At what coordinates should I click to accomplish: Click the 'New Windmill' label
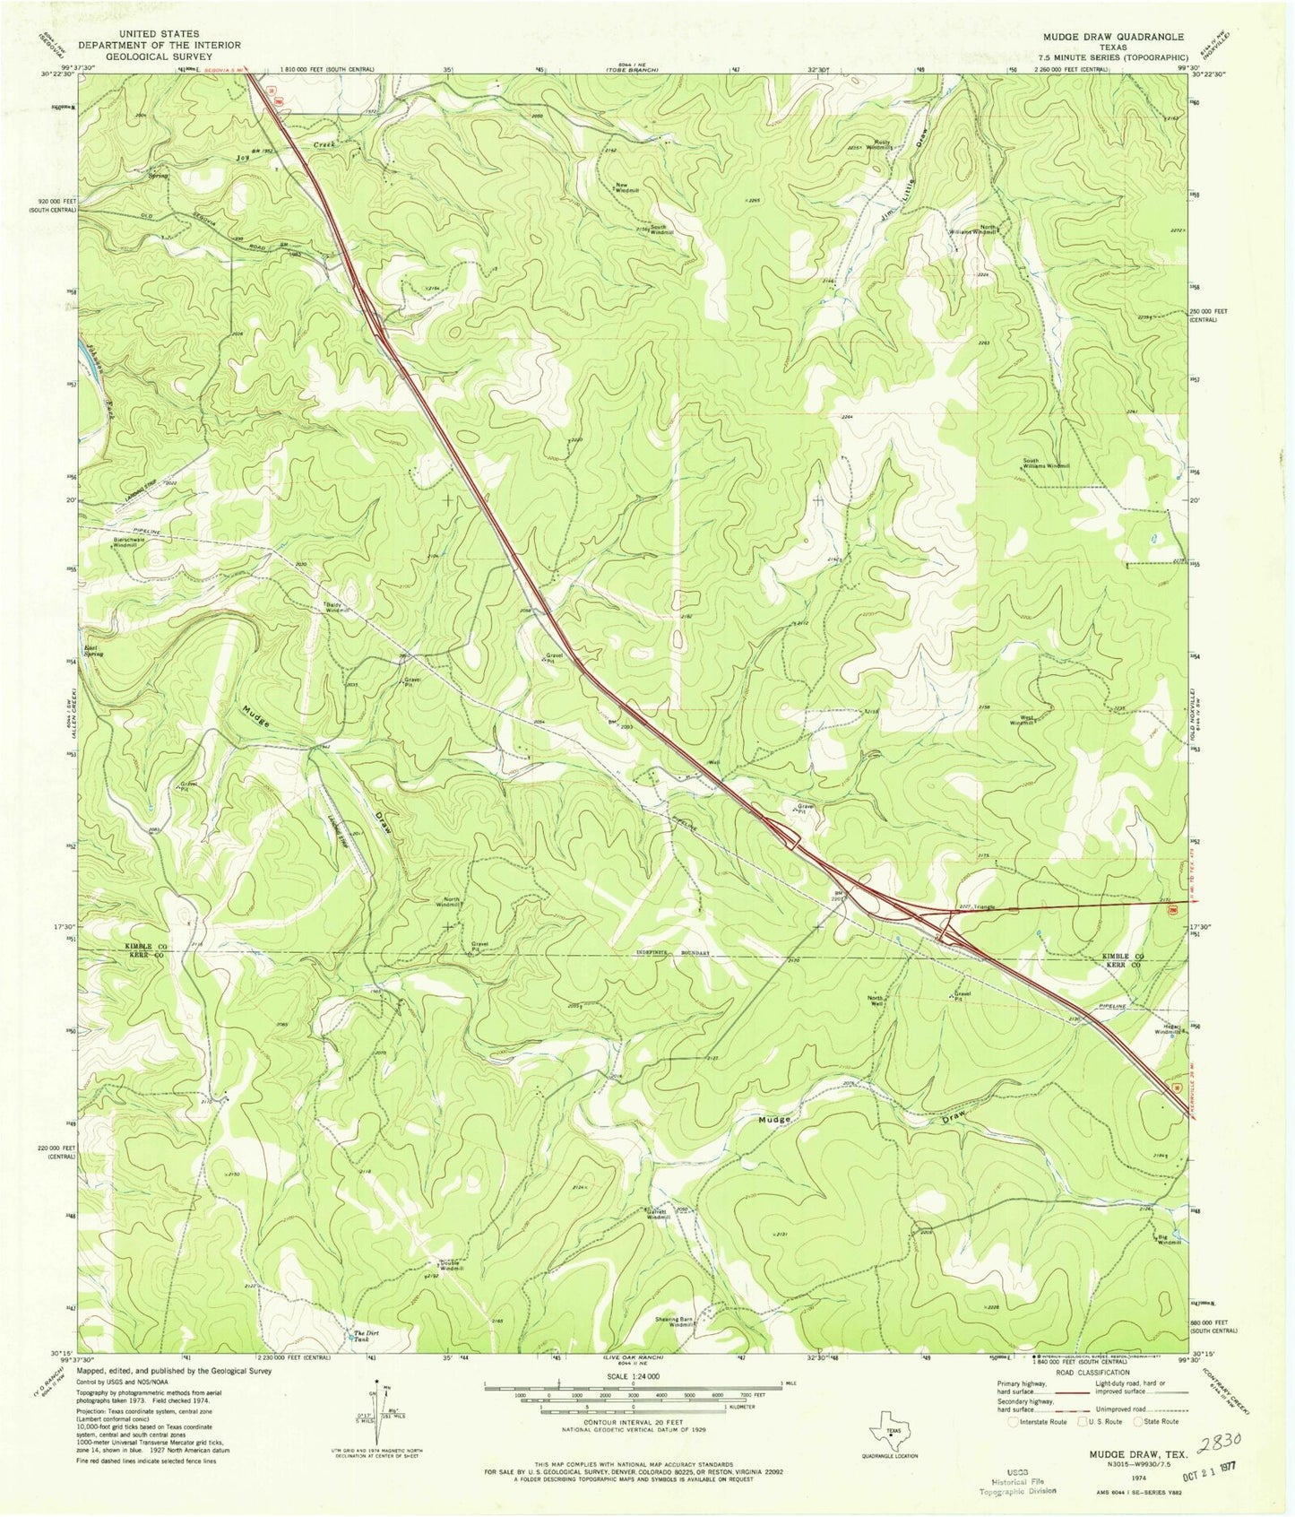click(626, 188)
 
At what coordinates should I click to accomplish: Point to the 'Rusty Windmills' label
click(877, 147)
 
